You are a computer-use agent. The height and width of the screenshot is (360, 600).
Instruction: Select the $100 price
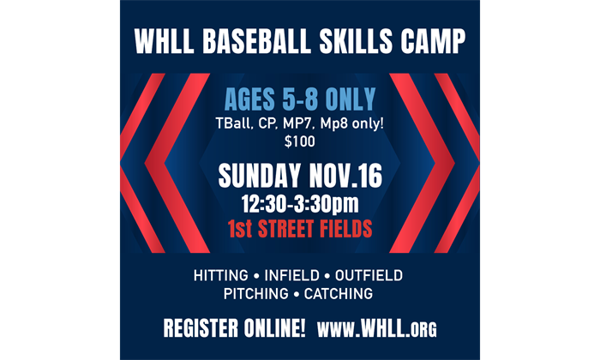pos(299,141)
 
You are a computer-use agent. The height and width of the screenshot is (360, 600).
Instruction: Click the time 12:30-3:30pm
pos(300,205)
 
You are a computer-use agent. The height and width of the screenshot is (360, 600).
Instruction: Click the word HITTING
pos(222,276)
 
